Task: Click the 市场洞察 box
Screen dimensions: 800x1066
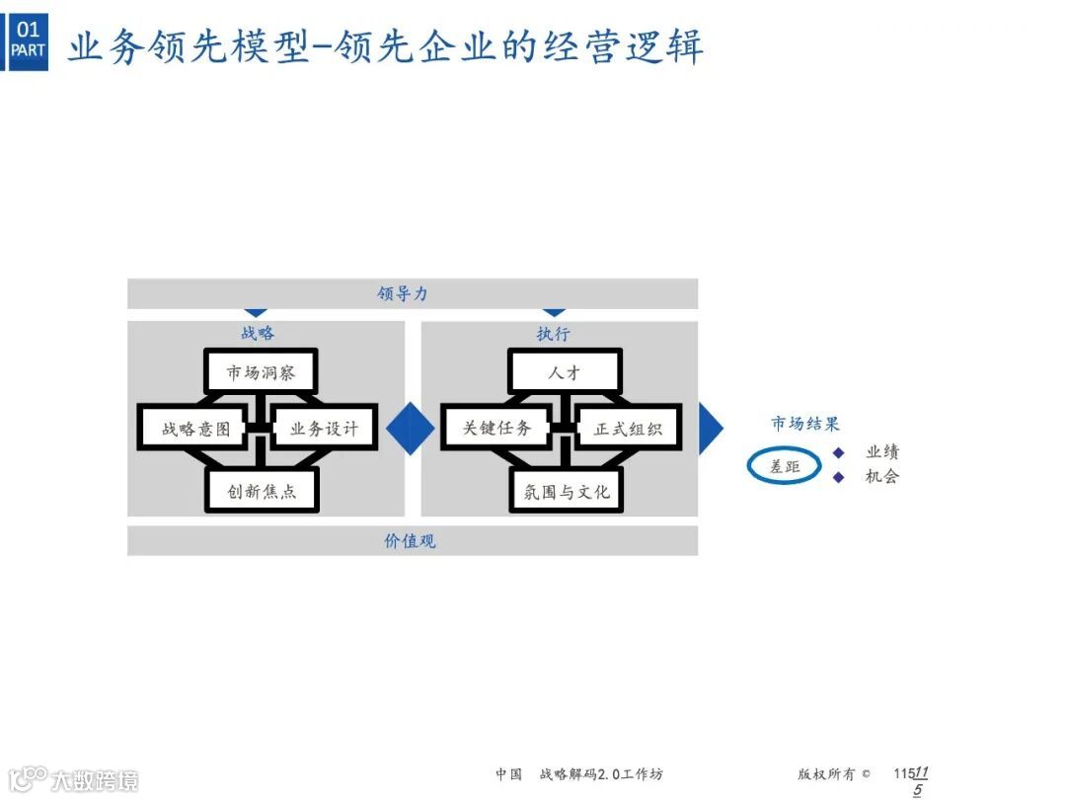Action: [261, 372]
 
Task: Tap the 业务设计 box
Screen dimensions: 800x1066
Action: [323, 429]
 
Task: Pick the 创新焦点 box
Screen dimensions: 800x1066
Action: [262, 490]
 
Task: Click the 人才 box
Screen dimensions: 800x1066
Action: [565, 372]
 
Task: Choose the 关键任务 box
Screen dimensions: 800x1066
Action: [496, 429]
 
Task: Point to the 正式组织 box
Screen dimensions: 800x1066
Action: [628, 429]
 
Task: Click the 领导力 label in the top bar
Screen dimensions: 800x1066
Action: [403, 293]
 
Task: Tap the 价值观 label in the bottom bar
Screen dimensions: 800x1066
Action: [410, 540]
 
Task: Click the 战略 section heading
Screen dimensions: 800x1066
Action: [258, 334]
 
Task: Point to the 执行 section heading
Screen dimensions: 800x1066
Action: [554, 334]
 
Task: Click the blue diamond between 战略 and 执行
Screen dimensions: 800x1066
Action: [411, 429]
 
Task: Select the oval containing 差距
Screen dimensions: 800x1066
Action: [785, 466]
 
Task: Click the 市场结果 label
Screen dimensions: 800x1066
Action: [805, 424]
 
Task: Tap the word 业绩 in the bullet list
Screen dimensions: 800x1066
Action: [882, 452]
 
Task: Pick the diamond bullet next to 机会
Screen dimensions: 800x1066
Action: [839, 477]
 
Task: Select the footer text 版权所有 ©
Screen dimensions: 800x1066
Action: [834, 774]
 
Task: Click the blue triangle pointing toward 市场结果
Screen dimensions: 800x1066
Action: [710, 429]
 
